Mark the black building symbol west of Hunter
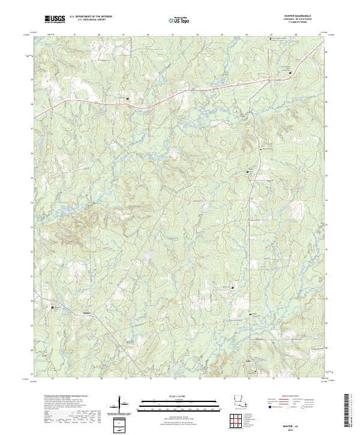pos(53,307)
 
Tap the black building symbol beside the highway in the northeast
pos(290,73)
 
